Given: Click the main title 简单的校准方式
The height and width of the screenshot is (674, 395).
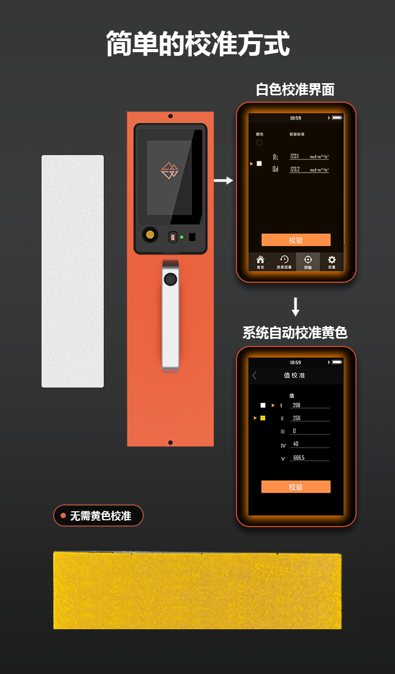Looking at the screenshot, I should [x=197, y=44].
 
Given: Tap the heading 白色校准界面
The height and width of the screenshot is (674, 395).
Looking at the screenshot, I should [x=295, y=90].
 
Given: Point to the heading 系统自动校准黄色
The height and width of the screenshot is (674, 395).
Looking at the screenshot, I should [x=295, y=333].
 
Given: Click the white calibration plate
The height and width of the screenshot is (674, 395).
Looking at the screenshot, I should [x=73, y=271].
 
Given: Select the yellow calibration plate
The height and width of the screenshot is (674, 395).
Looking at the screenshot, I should [x=197, y=590].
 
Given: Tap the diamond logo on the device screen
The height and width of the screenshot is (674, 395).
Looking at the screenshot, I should [x=169, y=171].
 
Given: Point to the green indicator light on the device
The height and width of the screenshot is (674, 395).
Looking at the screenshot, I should [x=182, y=237].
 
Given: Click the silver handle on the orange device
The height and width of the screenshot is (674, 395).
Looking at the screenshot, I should [x=170, y=316].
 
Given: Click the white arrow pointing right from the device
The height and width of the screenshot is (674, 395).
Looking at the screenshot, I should [x=223, y=181].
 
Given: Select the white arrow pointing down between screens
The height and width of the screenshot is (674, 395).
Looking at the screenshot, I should [x=295, y=306].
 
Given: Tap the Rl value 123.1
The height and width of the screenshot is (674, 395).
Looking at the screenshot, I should [x=295, y=156].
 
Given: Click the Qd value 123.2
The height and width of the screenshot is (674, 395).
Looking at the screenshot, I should [x=295, y=169].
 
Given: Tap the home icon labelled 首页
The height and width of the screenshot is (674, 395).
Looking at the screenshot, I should [x=260, y=262].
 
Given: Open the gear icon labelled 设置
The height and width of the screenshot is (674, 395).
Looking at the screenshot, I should [x=332, y=262].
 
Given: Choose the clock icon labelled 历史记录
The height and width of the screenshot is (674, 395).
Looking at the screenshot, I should [x=284, y=262].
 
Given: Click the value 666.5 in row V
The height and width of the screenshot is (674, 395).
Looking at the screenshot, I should [x=299, y=458].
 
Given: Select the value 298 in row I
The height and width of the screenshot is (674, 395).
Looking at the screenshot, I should [x=297, y=405].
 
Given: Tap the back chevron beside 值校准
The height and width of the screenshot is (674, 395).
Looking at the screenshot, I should [x=255, y=375].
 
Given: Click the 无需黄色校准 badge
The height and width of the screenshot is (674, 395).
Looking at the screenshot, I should [x=98, y=516].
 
